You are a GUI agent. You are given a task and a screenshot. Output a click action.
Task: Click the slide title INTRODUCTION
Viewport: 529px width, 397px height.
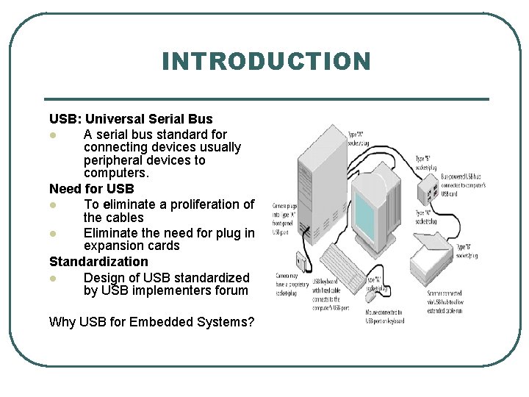[x=266, y=61]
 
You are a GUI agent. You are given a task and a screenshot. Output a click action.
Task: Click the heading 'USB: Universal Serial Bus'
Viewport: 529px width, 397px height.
[x=131, y=118]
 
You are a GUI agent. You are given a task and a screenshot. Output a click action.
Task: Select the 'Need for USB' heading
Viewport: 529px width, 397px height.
[x=92, y=189]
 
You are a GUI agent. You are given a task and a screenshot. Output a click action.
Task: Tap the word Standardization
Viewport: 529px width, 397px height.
[x=98, y=261]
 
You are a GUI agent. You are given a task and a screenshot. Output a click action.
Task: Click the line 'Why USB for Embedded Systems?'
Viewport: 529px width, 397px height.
[x=151, y=321]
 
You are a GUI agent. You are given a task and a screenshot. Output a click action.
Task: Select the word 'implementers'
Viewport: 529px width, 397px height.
[x=162, y=290]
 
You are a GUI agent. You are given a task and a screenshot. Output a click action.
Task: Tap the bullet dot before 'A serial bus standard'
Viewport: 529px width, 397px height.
[x=53, y=135]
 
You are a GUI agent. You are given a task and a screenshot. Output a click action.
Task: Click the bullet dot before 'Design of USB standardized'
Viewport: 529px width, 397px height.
[x=53, y=279]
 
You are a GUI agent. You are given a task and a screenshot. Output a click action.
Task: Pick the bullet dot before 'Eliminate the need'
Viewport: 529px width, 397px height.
[x=53, y=234]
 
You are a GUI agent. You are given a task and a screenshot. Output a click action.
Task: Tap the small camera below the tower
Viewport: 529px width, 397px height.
[x=301, y=262]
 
